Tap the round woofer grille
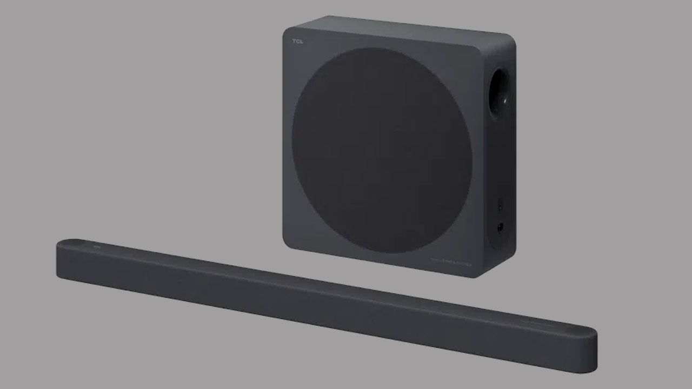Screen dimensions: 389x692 [382, 150]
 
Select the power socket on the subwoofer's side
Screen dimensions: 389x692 [500, 227]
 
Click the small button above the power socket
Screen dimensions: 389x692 [500, 204]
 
